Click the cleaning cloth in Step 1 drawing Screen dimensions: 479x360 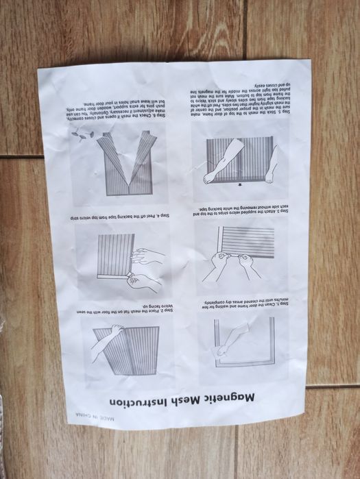222,350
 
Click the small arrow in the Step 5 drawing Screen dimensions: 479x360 238,184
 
